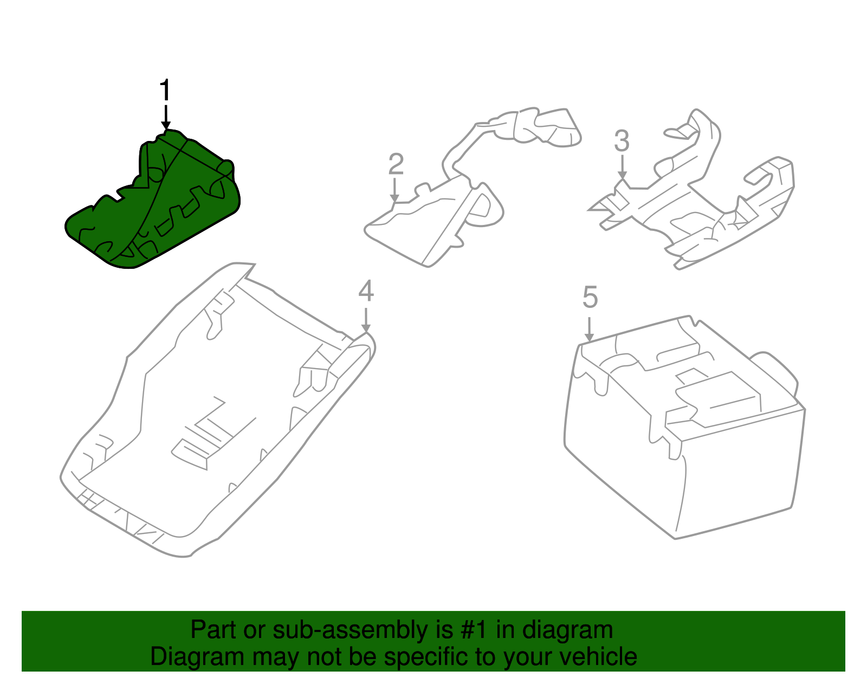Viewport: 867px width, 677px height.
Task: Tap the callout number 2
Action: click(396, 164)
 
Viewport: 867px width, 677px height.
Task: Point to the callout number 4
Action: click(366, 291)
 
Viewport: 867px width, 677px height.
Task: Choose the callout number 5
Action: click(590, 297)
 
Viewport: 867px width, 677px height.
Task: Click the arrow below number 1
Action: click(166, 118)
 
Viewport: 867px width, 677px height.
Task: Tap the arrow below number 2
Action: click(394, 190)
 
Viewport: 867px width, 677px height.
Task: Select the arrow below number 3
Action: click(622, 167)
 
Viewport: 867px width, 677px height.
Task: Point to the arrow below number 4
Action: click(366, 320)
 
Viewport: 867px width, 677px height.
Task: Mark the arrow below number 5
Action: click(590, 329)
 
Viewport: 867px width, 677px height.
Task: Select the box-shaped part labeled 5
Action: click(684, 427)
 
